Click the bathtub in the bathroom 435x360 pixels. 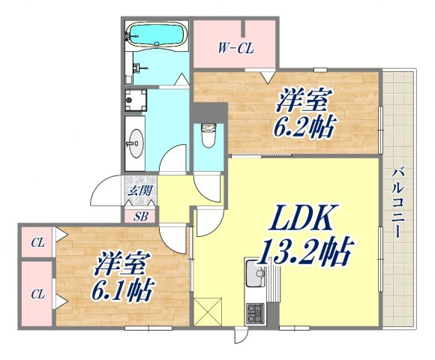[x=157, y=34]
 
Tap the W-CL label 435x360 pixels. [x=235, y=49]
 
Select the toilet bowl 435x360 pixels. [x=208, y=136]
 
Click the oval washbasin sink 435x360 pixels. [x=136, y=143]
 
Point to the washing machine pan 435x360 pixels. [x=136, y=100]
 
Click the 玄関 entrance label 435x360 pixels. [x=141, y=190]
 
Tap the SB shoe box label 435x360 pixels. [x=141, y=217]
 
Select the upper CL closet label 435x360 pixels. [x=37, y=243]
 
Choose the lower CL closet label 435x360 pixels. [x=37, y=294]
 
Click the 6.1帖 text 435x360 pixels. [x=121, y=291]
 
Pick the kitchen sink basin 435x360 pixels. [x=255, y=274]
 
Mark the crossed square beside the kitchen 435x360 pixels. [x=208, y=312]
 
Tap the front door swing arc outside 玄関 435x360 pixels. [x=106, y=190]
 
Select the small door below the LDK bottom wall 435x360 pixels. [x=240, y=335]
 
